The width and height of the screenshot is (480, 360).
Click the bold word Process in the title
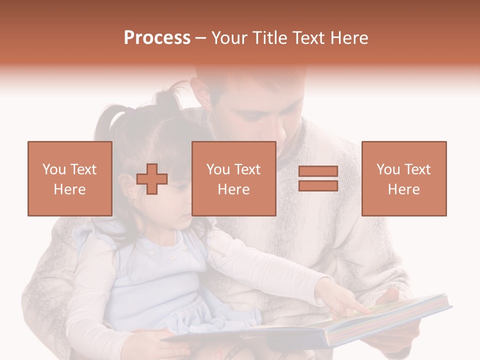click(157, 38)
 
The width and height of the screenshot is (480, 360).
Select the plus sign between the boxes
click(152, 179)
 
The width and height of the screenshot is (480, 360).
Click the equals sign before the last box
click(318, 178)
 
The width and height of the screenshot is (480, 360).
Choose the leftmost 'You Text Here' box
click(70, 178)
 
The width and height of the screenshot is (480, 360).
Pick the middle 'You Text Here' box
click(234, 178)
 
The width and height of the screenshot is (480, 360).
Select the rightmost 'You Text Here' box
click(404, 178)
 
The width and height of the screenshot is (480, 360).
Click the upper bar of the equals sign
click(318, 171)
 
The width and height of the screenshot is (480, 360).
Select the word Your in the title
click(228, 38)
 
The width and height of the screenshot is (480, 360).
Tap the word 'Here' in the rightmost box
click(404, 189)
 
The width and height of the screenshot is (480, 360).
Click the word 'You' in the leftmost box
click(54, 169)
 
